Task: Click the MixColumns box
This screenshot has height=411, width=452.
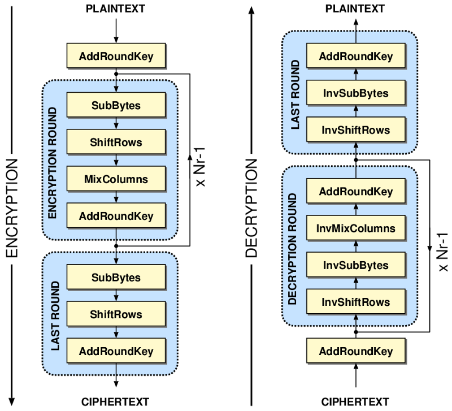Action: tap(116, 179)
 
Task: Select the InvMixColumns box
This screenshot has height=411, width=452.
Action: tap(356, 228)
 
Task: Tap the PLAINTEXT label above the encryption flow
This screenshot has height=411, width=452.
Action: tap(116, 8)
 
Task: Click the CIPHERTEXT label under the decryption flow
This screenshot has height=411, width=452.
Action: tap(355, 401)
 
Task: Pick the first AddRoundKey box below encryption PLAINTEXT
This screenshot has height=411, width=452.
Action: tap(116, 55)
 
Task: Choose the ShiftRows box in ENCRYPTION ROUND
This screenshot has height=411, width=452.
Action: tap(116, 141)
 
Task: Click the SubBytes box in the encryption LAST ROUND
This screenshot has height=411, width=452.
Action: tap(116, 277)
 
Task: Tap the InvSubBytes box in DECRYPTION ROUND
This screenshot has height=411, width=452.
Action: tap(356, 265)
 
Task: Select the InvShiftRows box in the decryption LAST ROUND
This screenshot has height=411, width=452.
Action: tap(356, 129)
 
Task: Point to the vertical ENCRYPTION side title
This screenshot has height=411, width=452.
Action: tap(12, 208)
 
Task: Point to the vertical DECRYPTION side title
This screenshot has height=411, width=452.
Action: tap(251, 208)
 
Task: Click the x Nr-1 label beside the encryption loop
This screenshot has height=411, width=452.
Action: tap(200, 167)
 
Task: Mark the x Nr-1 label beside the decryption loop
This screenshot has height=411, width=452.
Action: tap(443, 252)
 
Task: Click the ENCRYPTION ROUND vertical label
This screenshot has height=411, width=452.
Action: tap(52, 163)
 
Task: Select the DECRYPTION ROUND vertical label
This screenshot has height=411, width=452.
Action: tap(292, 249)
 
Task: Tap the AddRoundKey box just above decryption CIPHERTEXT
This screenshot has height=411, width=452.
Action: tap(356, 351)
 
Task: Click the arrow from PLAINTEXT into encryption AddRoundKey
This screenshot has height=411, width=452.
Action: tap(116, 31)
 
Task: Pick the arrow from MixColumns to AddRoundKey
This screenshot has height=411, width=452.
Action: tap(116, 197)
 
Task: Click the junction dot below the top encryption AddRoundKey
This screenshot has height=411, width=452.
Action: tap(116, 74)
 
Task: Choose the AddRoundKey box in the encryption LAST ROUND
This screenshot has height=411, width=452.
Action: tap(116, 351)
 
